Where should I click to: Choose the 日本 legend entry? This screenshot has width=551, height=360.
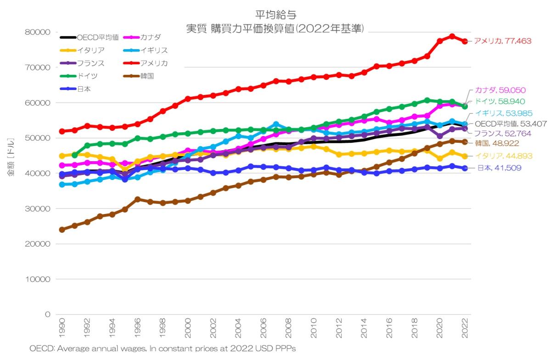84,89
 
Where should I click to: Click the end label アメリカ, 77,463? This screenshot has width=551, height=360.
502,41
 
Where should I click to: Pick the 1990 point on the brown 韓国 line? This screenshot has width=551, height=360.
62,230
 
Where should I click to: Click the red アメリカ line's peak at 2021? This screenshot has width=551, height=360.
452,36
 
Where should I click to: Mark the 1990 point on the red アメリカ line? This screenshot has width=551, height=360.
62,131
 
